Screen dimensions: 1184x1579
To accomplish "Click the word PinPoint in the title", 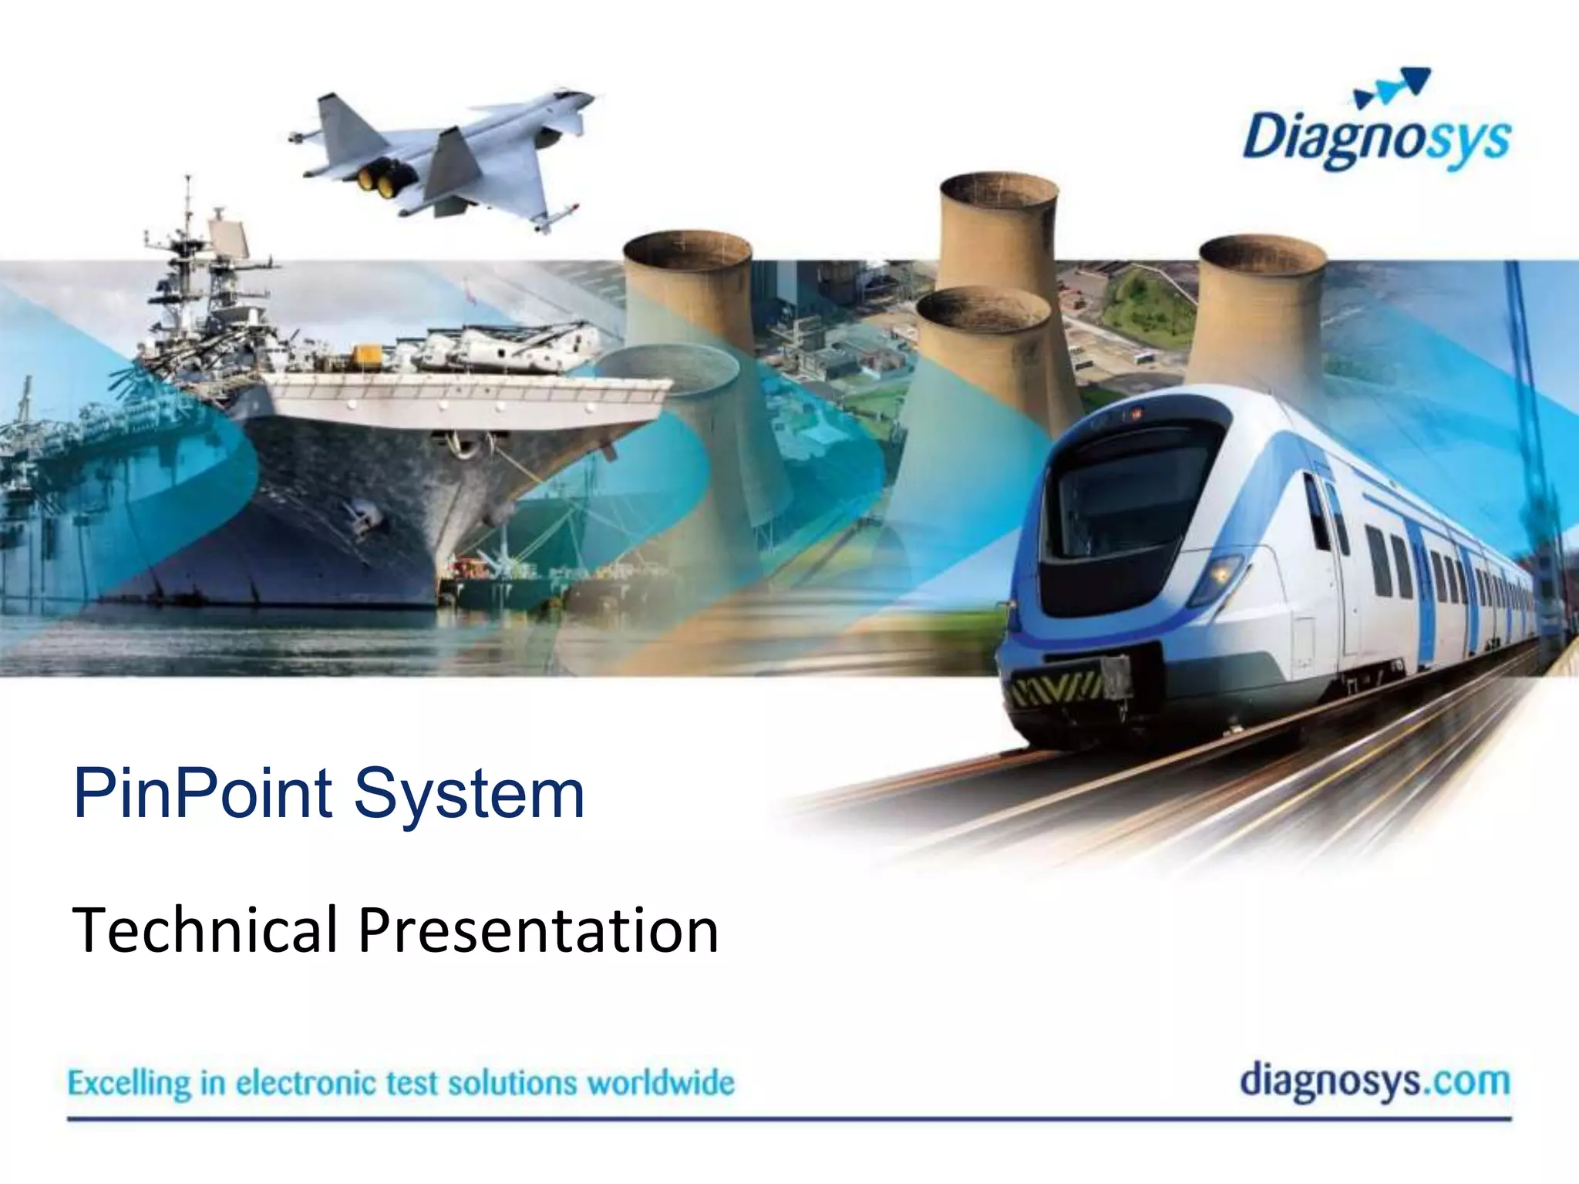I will [x=203, y=793].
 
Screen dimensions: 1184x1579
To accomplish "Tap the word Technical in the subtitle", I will [x=204, y=930].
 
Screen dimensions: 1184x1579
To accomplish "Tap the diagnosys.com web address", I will [x=1375, y=1081].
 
